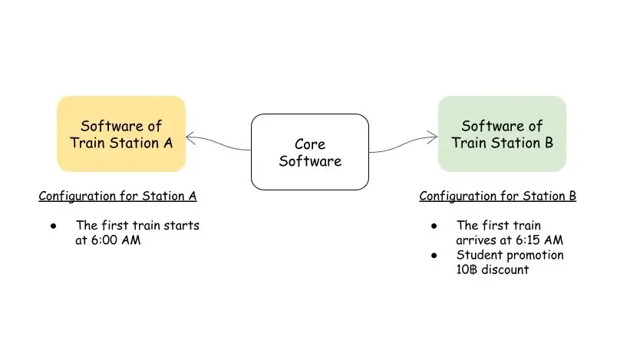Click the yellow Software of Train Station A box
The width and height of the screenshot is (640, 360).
tap(121, 134)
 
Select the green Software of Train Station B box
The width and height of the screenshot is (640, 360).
tap(502, 134)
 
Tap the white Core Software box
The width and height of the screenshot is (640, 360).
tap(310, 152)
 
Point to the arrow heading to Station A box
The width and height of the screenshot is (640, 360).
tap(218, 142)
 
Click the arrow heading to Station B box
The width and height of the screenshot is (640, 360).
tap(404, 142)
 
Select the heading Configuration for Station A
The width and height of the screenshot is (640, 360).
tap(117, 196)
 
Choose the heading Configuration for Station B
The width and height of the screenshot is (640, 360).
tap(497, 196)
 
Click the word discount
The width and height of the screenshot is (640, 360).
tap(503, 269)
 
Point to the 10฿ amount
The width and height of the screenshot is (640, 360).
tap(466, 269)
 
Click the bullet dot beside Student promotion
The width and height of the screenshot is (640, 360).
tap(435, 255)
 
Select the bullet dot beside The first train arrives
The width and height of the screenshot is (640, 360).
tap(435, 226)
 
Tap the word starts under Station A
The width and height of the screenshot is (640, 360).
tap(183, 226)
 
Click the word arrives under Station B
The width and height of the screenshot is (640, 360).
tap(475, 239)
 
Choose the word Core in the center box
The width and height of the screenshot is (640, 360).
tap(310, 144)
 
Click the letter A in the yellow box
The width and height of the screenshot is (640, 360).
tap(167, 142)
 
